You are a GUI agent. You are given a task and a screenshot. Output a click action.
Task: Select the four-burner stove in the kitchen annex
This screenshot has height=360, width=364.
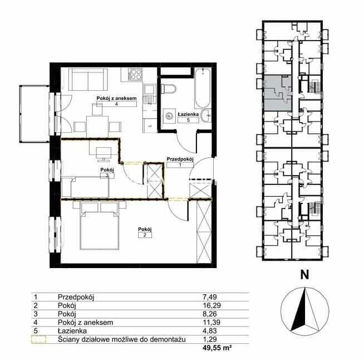(135, 74)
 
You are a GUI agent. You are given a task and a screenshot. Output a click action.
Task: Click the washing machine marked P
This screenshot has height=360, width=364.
(169, 115)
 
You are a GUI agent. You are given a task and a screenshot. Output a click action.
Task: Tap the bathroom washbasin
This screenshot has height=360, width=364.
(206, 115)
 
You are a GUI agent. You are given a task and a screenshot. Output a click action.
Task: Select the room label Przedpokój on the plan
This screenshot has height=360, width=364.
(180, 159)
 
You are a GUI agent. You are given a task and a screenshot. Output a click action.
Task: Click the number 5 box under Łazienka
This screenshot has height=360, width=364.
(188, 120)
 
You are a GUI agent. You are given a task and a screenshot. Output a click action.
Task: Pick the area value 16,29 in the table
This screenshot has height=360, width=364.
(211, 305)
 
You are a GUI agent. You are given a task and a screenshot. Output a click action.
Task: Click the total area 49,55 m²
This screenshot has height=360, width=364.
(217, 348)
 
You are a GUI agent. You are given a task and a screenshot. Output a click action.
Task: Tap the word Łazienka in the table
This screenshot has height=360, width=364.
(72, 330)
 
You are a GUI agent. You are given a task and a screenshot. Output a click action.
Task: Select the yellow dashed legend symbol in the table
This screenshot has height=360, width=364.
(38, 339)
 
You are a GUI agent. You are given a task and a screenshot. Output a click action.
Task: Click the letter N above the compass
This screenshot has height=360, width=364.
(304, 275)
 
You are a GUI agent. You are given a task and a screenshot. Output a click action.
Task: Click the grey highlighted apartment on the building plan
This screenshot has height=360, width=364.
(278, 93)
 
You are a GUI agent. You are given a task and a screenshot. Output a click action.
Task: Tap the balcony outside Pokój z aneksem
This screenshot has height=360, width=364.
(35, 114)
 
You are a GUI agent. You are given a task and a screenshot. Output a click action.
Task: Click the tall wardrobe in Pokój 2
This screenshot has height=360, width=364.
(204, 231)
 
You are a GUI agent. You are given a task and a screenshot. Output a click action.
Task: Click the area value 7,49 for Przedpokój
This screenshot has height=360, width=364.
(210, 297)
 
